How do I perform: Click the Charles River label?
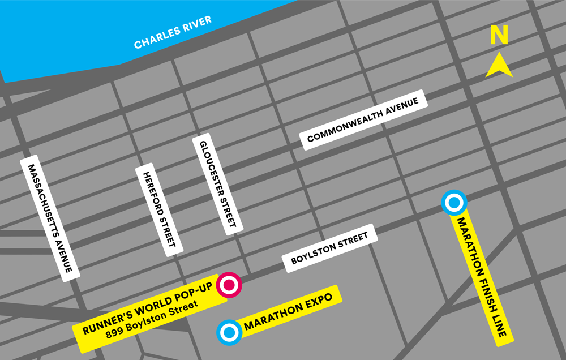pyautogui.click(x=173, y=32)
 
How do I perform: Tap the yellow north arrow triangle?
pyautogui.click(x=499, y=66)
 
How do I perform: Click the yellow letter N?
pyautogui.click(x=499, y=36)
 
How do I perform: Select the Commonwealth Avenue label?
pyautogui.click(x=363, y=120)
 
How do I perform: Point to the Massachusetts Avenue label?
pyautogui.click(x=50, y=218)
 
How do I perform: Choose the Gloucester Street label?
pyautogui.click(x=217, y=184)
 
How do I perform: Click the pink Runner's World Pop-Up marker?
pyautogui.click(x=230, y=285)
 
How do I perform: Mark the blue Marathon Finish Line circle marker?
pyautogui.click(x=454, y=203)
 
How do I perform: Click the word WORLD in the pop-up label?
pyautogui.click(x=149, y=308)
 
